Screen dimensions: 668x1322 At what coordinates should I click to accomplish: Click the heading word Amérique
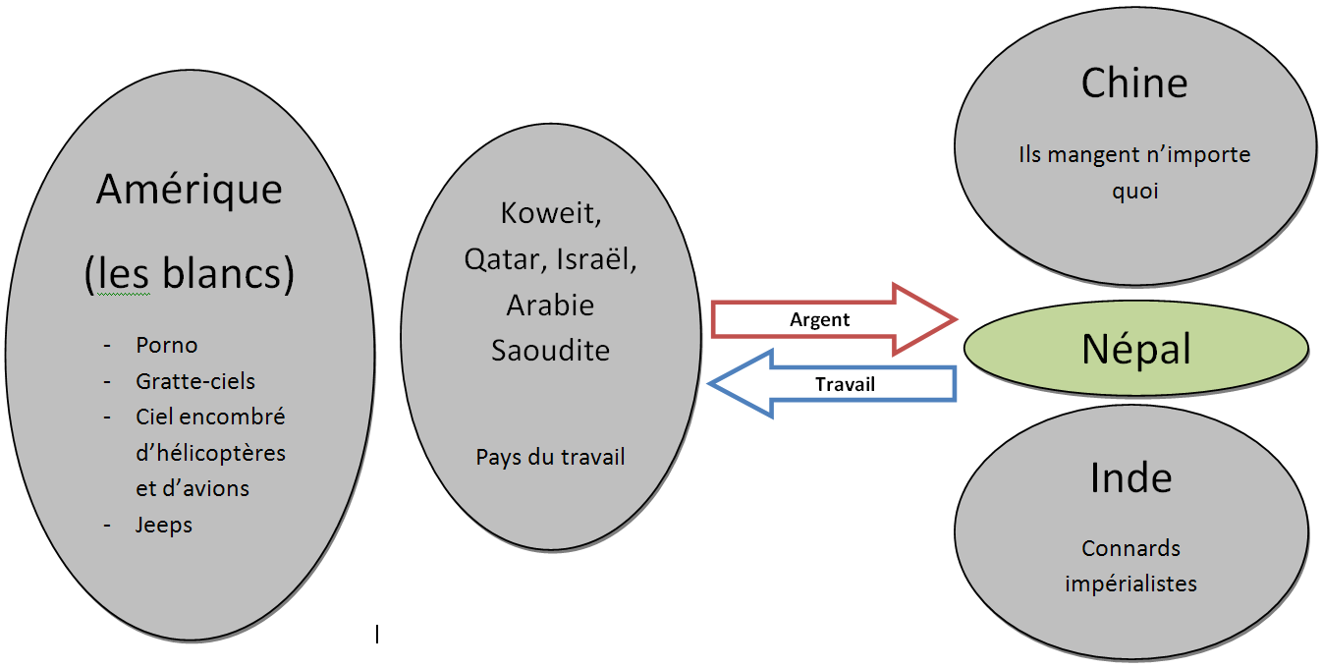[x=190, y=190]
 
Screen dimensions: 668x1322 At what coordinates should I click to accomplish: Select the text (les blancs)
[x=190, y=276]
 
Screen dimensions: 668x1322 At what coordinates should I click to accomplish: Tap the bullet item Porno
[x=167, y=346]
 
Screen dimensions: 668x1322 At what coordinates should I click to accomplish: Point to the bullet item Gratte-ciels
[x=195, y=381]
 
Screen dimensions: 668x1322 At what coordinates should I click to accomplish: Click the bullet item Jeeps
[x=164, y=525]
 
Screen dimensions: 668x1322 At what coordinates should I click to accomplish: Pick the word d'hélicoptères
[x=210, y=453]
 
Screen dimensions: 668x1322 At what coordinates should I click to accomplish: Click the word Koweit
[x=550, y=213]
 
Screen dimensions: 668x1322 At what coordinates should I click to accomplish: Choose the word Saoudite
[x=550, y=350]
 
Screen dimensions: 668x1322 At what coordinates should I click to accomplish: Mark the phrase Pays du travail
[x=550, y=457]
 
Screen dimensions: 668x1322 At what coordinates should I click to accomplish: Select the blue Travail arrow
[x=835, y=384]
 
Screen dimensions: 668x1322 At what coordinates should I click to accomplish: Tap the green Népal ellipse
[x=1136, y=350]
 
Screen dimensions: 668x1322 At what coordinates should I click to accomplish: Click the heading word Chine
[x=1134, y=83]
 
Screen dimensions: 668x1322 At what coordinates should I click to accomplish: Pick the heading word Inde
[x=1131, y=478]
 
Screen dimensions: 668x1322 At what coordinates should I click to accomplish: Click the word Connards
[x=1130, y=548]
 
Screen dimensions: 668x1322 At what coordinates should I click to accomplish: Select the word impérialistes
[x=1130, y=584]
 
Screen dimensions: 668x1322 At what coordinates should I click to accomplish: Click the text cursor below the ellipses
[x=377, y=635]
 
